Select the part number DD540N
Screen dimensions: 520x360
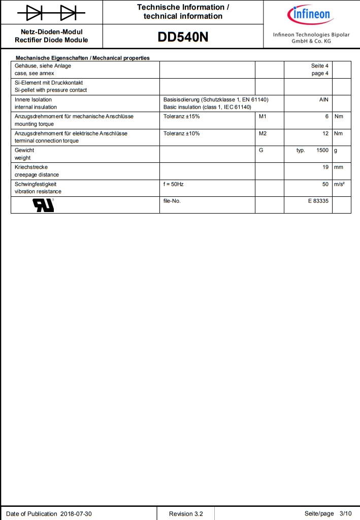[183, 38]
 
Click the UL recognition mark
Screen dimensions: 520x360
[44, 204]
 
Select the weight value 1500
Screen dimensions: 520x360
[322, 151]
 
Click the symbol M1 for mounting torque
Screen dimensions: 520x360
[263, 117]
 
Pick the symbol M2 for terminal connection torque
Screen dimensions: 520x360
[263, 133]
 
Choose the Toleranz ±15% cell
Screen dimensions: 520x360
[182, 117]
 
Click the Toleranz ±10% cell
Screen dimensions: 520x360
[182, 133]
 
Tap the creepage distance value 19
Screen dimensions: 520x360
[325, 167]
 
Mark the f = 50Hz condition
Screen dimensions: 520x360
[174, 184]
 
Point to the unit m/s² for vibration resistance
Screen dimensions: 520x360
[339, 184]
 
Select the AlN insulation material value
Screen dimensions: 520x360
[324, 100]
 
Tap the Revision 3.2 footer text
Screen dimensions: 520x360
[186, 513]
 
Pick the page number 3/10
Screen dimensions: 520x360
[345, 513]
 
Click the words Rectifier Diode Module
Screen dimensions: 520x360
[51, 40]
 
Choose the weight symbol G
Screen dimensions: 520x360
[261, 151]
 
